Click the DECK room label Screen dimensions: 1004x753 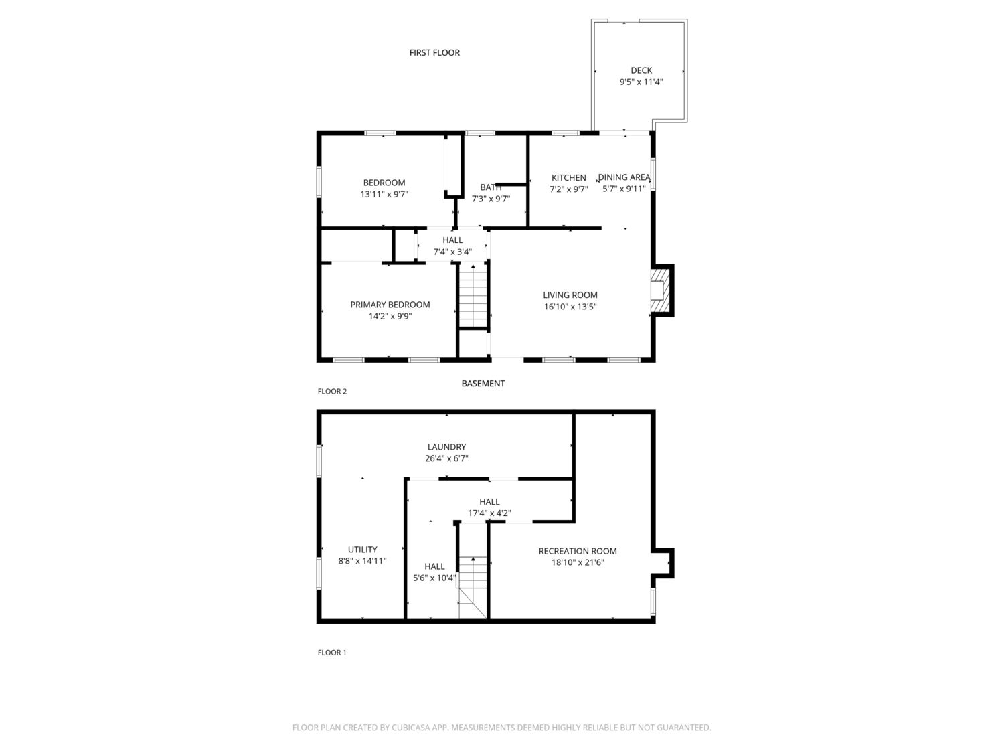coord(641,70)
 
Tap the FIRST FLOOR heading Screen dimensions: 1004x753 coord(434,53)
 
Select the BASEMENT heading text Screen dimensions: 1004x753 coord(483,383)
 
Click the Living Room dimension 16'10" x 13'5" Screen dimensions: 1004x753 coord(570,307)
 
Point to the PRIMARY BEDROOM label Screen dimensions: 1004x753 coord(390,305)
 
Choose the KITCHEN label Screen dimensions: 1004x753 coord(568,178)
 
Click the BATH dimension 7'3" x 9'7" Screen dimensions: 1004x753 coord(491,199)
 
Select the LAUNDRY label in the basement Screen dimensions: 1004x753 coord(446,447)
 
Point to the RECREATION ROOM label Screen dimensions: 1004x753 coord(577,551)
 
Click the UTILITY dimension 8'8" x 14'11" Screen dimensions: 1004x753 coord(362,561)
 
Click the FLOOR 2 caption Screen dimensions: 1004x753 coord(332,392)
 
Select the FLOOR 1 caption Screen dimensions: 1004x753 coord(332,653)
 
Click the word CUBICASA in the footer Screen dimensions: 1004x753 coord(411,728)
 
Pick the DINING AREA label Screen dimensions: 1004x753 coord(624,177)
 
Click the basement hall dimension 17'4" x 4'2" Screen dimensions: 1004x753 coord(489,513)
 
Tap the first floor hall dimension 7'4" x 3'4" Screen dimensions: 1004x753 coord(452,252)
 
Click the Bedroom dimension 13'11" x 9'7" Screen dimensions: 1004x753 coord(384,194)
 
